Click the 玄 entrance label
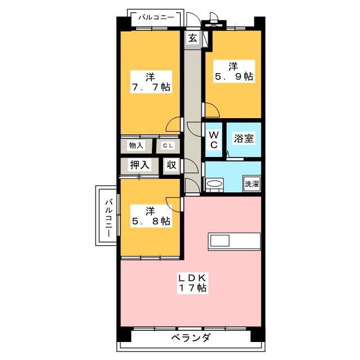pyautogui.click(x=192, y=38)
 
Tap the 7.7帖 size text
pyautogui.click(x=150, y=87)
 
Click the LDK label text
pyautogui.click(x=194, y=277)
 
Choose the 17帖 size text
pyautogui.click(x=194, y=289)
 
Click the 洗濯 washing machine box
pyautogui.click(x=251, y=184)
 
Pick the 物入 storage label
pyautogui.click(x=137, y=146)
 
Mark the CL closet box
pyautogui.click(x=168, y=146)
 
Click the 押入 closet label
pyautogui.click(x=139, y=165)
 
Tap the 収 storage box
pyautogui.click(x=172, y=165)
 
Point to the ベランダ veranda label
pyautogui.click(x=191, y=338)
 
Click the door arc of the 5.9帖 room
pyautogui.click(x=210, y=111)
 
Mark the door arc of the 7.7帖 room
pyautogui.click(x=174, y=124)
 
